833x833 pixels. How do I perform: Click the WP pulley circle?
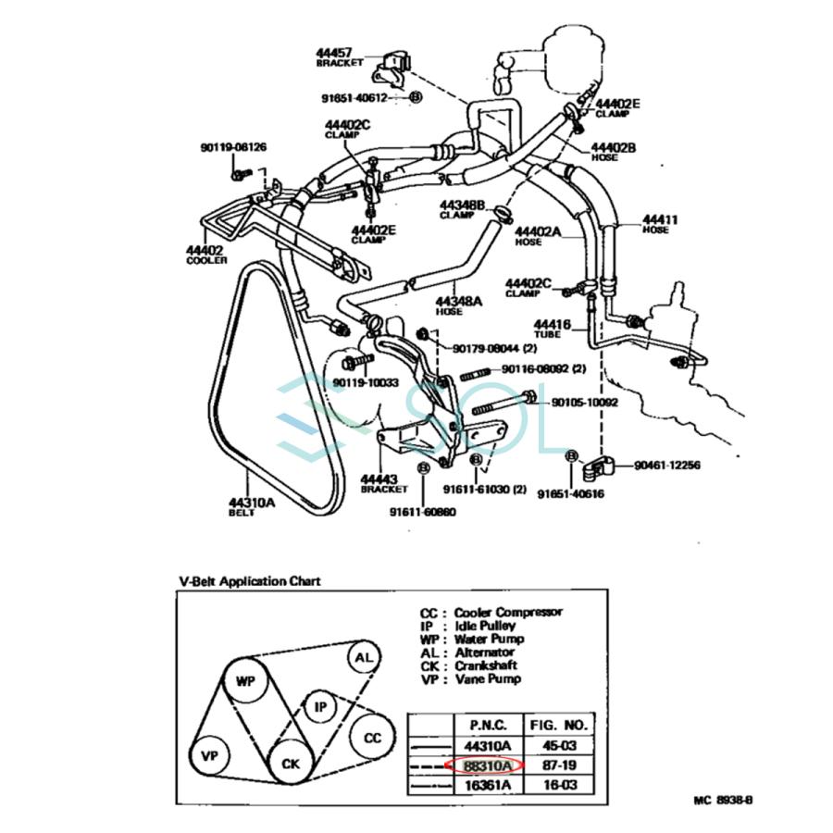click(x=244, y=682)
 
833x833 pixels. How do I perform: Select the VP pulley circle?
click(x=208, y=756)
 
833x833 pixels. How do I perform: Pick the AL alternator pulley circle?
click(x=364, y=658)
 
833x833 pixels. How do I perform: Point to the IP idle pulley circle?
click(x=320, y=707)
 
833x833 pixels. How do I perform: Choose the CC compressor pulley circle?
click(x=372, y=738)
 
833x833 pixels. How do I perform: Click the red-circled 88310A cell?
click(x=485, y=765)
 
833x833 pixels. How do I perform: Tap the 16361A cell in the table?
click(x=485, y=785)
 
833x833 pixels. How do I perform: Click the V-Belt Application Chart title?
click(x=249, y=581)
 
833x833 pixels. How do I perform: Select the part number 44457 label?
click(x=334, y=54)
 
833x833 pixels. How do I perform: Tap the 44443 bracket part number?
click(x=384, y=479)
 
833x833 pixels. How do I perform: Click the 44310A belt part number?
click(x=251, y=503)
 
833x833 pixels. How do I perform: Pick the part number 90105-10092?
click(x=585, y=403)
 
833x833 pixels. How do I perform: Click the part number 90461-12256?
click(x=666, y=465)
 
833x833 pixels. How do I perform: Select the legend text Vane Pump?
click(x=488, y=678)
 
